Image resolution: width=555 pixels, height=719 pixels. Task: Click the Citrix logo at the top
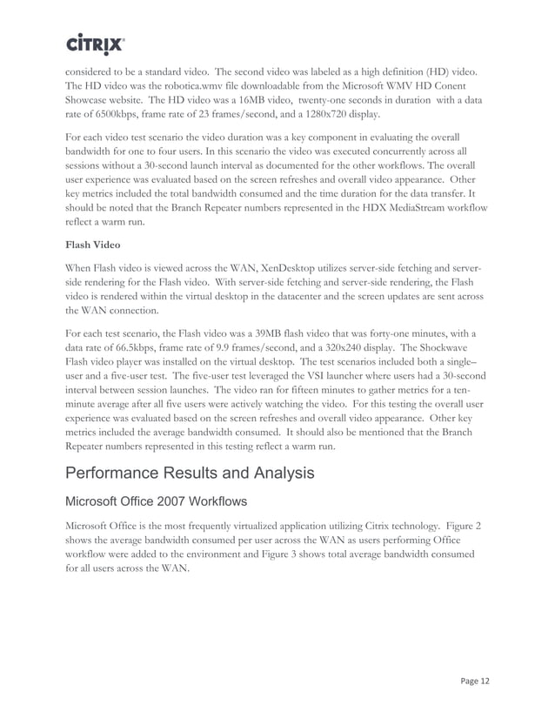pyautogui.click(x=95, y=44)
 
